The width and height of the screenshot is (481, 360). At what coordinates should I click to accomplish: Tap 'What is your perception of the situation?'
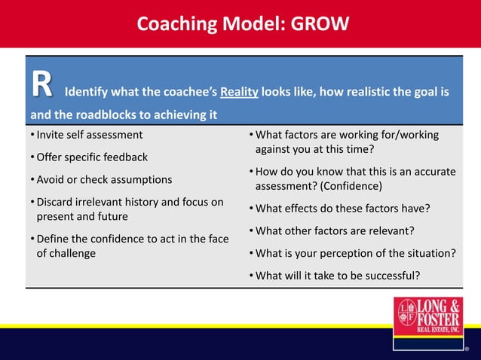[x=355, y=253]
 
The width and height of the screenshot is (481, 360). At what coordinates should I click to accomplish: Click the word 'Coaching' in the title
[x=173, y=24]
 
